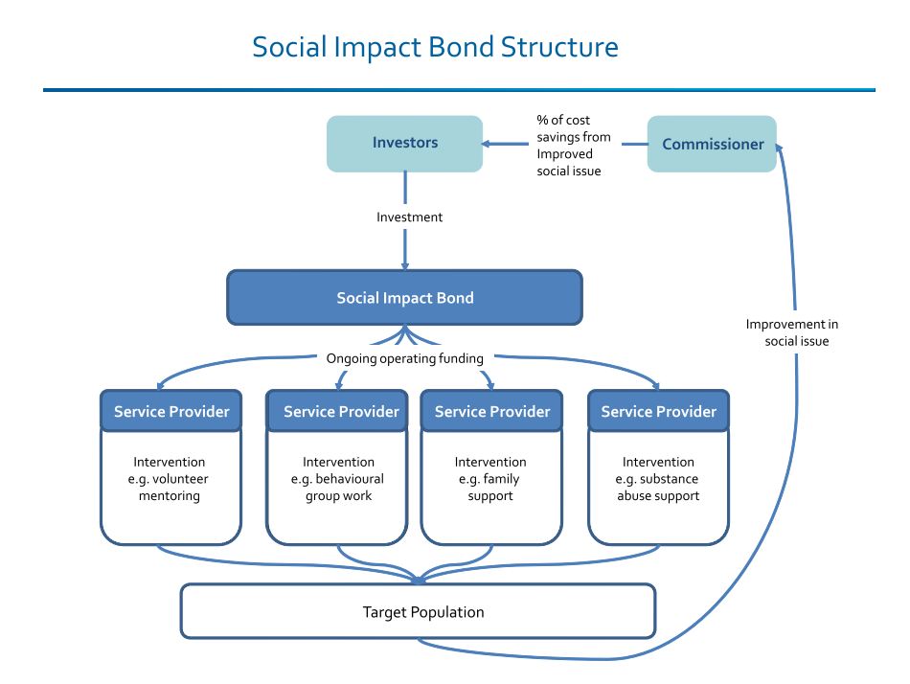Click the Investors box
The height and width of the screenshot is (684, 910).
404,144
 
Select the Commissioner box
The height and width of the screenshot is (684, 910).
712,145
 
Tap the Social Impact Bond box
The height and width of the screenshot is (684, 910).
404,297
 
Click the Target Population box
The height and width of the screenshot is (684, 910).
418,611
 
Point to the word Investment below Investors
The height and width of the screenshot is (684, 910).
409,217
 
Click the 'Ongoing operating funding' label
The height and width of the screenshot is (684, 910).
404,358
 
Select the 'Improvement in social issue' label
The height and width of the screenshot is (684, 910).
792,332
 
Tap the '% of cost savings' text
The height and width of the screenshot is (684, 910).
574,146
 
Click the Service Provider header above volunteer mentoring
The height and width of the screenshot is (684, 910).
171,412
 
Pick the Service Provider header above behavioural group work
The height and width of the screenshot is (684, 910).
341,412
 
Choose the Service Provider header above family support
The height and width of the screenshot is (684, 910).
491,412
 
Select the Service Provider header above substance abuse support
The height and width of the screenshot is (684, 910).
658,412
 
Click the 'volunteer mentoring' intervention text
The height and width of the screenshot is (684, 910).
171,479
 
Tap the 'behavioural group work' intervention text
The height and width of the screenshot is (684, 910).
338,479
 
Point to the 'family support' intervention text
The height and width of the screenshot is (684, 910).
490,479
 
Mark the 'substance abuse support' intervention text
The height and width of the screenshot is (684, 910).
658,479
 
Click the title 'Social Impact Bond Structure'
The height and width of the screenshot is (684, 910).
435,47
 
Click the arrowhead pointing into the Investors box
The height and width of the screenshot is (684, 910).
488,145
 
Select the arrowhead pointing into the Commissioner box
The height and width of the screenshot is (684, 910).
781,147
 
